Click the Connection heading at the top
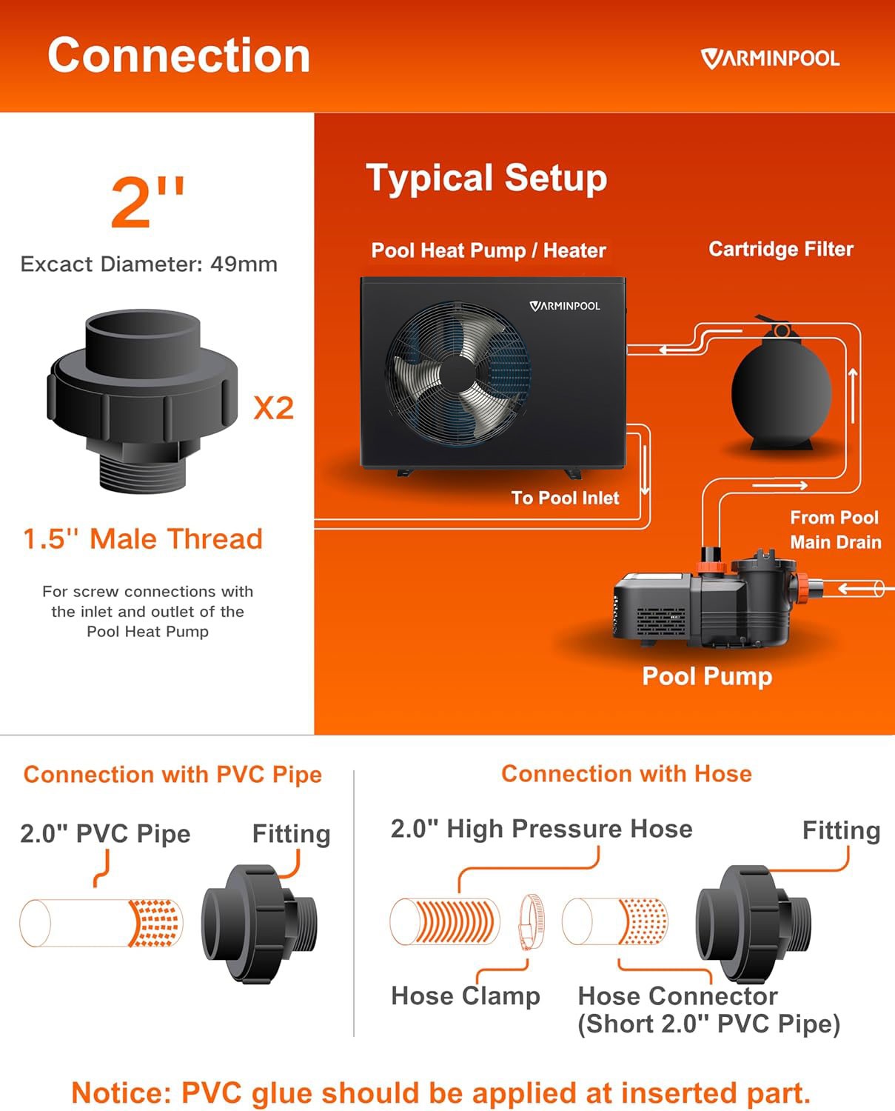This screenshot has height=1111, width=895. pyautogui.click(x=178, y=56)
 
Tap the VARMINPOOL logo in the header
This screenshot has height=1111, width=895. pyautogui.click(x=770, y=59)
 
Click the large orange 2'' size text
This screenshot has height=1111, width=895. pyautogui.click(x=147, y=202)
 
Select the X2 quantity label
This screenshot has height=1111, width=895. pyautogui.click(x=273, y=408)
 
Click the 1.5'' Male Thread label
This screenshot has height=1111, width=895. pyautogui.click(x=143, y=538)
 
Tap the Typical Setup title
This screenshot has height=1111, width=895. pyautogui.click(x=486, y=179)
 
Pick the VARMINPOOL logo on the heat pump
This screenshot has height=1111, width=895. pyautogui.click(x=565, y=306)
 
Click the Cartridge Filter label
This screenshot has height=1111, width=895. pyautogui.click(x=780, y=250)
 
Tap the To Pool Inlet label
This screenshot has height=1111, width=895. pyautogui.click(x=565, y=498)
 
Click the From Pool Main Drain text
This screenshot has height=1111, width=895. pyautogui.click(x=834, y=530)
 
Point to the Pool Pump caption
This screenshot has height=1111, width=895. pyautogui.click(x=706, y=676)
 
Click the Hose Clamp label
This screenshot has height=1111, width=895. pyautogui.click(x=465, y=996)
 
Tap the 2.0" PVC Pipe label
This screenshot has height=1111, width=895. pyautogui.click(x=105, y=834)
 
